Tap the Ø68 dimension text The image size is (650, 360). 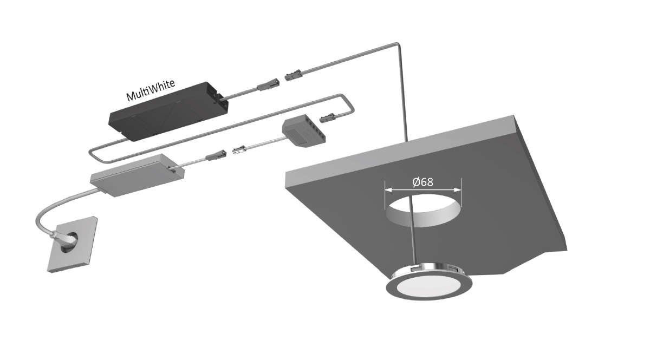422,182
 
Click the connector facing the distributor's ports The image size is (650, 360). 328,116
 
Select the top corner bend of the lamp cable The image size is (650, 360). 399,44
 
